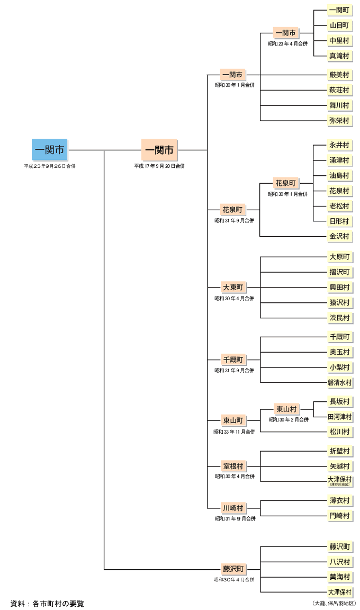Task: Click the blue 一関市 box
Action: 50,150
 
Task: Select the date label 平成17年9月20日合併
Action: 159,166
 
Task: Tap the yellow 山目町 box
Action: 339,25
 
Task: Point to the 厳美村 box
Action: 339,75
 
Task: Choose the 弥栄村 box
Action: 339,121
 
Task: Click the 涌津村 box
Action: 339,160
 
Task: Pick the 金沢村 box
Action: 339,236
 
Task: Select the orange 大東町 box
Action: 233,288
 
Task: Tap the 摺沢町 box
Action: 339,272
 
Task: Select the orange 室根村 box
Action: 233,466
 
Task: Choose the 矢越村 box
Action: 339,467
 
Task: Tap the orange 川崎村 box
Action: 233,508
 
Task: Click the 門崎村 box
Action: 339,516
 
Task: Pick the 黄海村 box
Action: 339,577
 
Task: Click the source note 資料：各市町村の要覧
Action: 47,603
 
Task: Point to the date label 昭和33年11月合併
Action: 234,432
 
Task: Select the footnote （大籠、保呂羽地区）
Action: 334,603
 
